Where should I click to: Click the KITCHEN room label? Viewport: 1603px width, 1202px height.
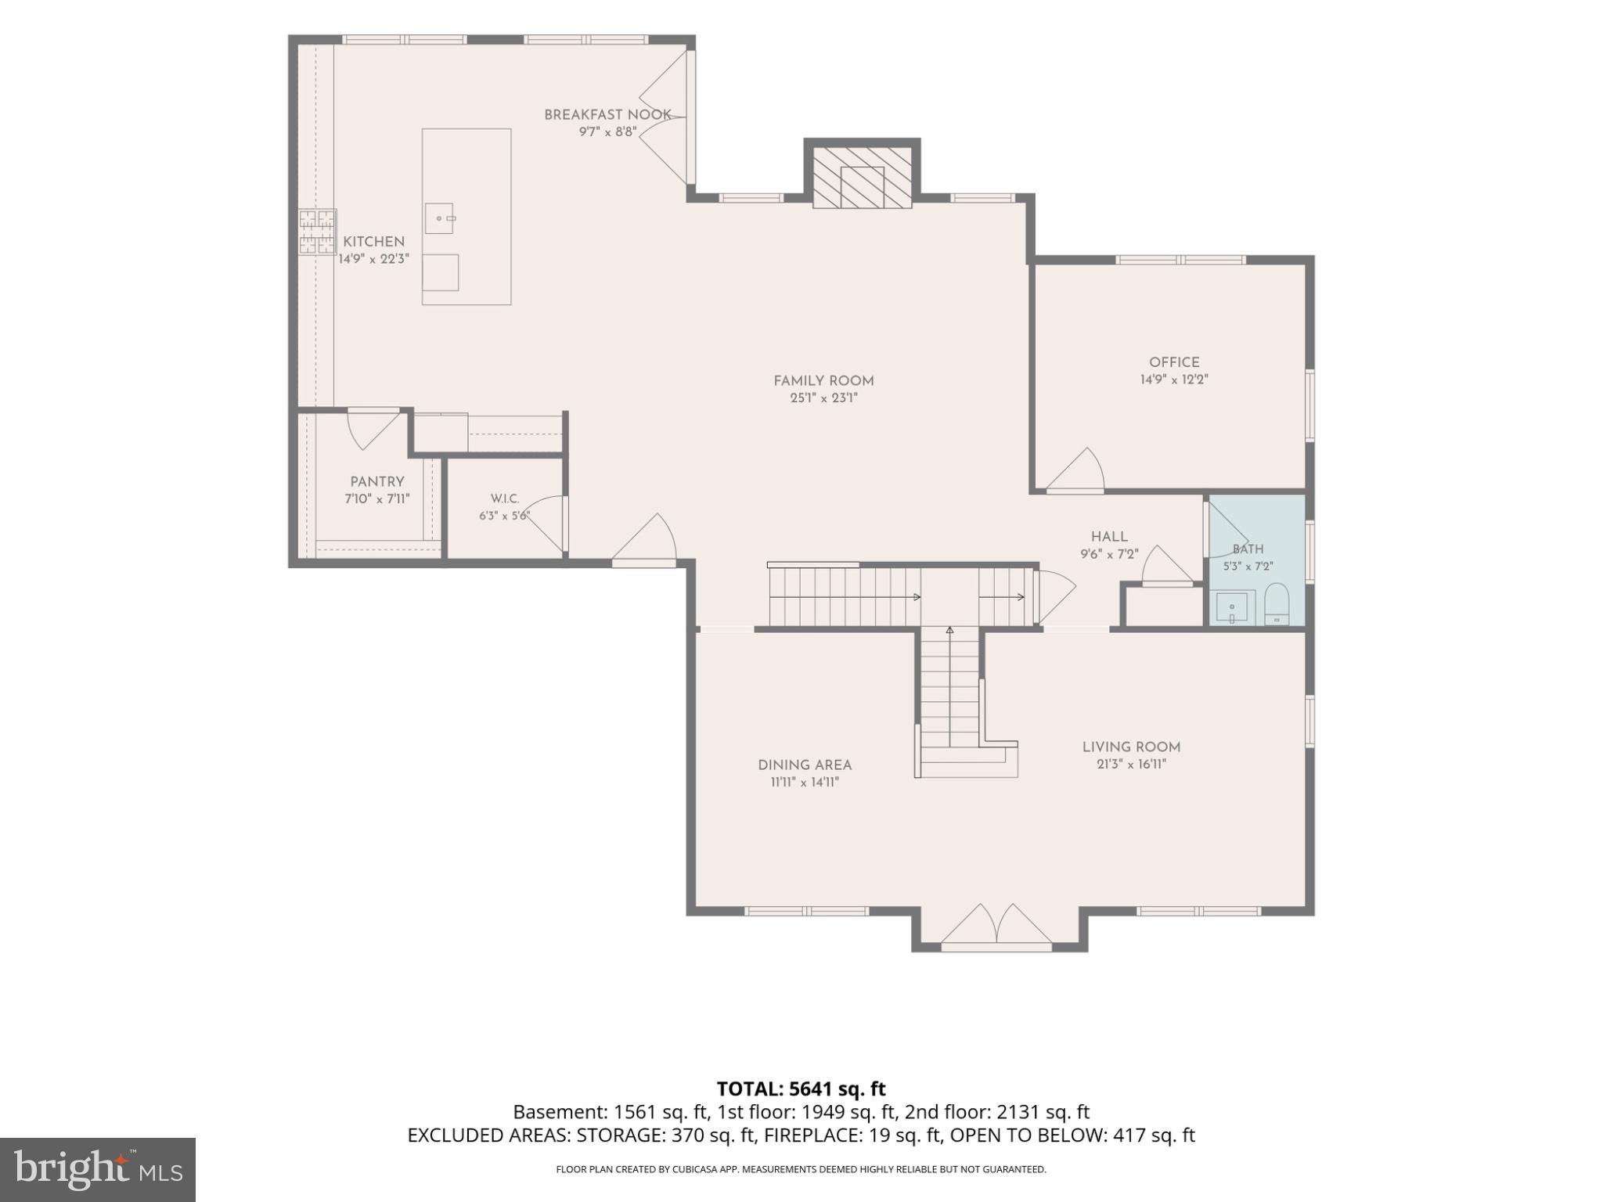[x=373, y=242]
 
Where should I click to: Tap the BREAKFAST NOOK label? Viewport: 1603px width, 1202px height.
[x=607, y=115]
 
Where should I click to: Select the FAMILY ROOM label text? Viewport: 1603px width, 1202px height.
[x=823, y=381]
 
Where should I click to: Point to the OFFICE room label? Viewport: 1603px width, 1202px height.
[x=1174, y=362]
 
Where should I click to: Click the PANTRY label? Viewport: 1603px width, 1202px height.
[x=377, y=482]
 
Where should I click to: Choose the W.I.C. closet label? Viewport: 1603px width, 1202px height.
[x=505, y=499]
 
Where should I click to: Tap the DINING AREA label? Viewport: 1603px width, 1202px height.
[x=805, y=765]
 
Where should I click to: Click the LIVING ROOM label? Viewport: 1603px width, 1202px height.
[x=1131, y=747]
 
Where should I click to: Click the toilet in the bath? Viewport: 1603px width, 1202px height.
[x=1277, y=603]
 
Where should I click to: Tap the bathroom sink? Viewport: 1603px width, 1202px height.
[x=1232, y=608]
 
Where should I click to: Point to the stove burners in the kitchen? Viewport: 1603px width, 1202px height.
[x=316, y=232]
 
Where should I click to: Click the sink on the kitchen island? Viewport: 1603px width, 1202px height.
[x=439, y=218]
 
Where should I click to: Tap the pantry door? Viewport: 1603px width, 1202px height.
[x=373, y=429]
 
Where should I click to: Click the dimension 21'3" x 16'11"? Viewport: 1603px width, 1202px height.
[x=1131, y=765]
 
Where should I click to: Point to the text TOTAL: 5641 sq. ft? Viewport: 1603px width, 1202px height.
[x=801, y=1089]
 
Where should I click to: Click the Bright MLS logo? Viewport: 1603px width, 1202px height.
[x=98, y=1170]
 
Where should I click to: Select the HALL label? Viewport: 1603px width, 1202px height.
[x=1109, y=537]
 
